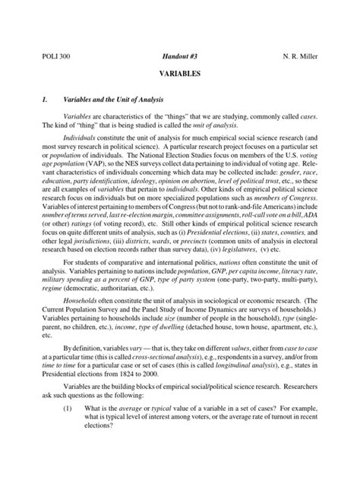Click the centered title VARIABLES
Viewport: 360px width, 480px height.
(x=179, y=77)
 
